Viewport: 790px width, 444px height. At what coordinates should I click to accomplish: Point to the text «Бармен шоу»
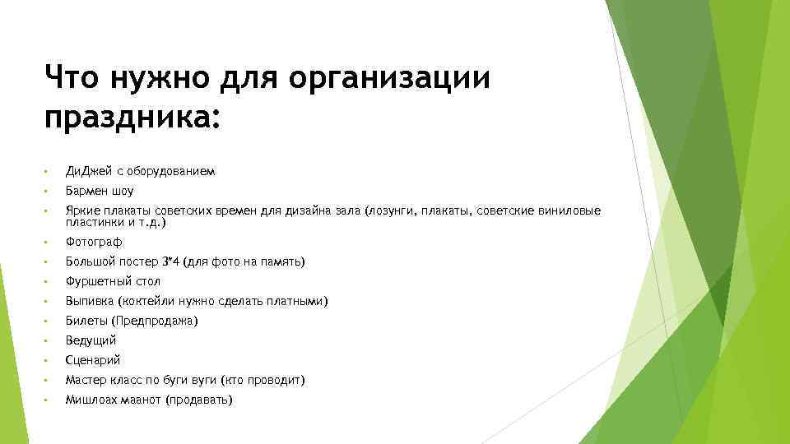(99, 191)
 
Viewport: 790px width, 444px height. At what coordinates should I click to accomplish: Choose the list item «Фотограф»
(94, 242)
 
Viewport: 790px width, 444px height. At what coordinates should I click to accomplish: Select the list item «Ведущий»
(91, 340)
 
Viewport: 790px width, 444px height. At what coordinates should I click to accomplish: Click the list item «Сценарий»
(93, 360)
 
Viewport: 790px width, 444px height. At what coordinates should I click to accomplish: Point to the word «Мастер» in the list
(86, 380)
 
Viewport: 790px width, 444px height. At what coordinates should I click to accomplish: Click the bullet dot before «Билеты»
(47, 321)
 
